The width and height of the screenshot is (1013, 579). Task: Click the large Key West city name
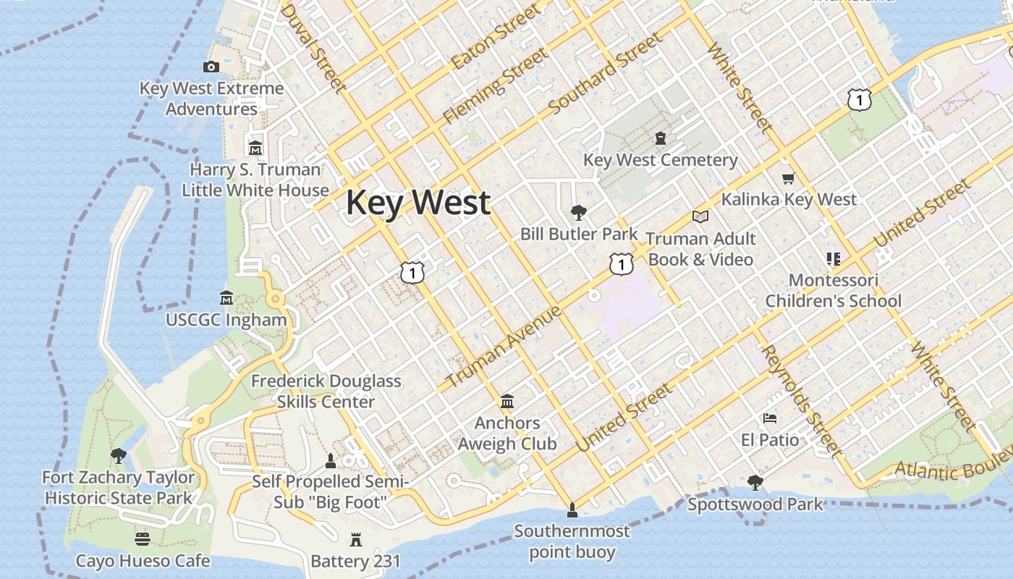(x=418, y=203)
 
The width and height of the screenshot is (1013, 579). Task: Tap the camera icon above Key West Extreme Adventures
(x=211, y=67)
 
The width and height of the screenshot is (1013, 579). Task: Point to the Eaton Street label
(x=496, y=37)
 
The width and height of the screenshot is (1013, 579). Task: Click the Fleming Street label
(x=496, y=85)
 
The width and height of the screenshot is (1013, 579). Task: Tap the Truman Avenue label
(x=504, y=347)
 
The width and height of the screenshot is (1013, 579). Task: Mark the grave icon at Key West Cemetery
(x=660, y=138)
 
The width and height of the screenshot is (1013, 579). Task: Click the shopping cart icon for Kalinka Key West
(x=788, y=178)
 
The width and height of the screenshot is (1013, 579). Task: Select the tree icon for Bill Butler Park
(x=578, y=212)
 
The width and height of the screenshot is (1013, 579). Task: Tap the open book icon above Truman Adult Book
(x=700, y=216)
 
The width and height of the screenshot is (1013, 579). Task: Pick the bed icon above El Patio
(x=770, y=418)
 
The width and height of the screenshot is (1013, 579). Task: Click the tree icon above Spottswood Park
(x=755, y=482)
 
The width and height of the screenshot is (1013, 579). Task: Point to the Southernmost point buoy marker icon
(x=572, y=510)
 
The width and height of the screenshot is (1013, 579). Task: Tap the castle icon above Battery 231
(x=355, y=539)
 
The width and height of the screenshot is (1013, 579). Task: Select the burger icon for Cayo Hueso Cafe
(x=143, y=539)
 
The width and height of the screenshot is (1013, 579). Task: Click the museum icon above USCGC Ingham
(x=226, y=298)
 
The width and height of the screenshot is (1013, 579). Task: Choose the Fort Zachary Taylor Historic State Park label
(x=119, y=488)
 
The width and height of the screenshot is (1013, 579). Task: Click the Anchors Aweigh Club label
(x=507, y=434)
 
